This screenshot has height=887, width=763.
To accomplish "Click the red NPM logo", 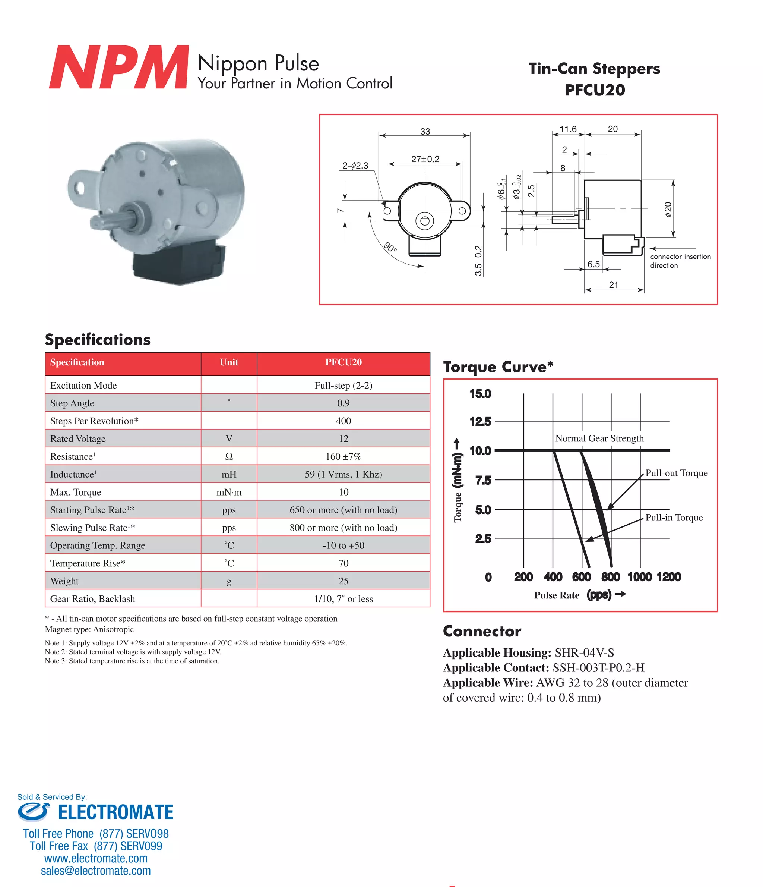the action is (x=118, y=67).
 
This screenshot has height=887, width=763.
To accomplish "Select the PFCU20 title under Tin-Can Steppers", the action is (x=595, y=90).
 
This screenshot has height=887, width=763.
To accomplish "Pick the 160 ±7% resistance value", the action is (x=343, y=457).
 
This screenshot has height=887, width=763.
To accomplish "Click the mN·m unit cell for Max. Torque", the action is (x=229, y=492).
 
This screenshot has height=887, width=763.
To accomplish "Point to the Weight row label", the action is (x=64, y=581).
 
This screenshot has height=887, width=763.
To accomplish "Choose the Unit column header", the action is (x=229, y=362).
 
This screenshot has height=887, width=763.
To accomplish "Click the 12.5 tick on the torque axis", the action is (x=480, y=422).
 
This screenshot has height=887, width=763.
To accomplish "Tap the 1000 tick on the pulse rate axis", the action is (x=639, y=577).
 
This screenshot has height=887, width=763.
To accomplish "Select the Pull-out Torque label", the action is (x=676, y=473).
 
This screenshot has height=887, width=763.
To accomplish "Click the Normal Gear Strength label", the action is (x=599, y=438).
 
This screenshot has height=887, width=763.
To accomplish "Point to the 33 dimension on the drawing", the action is (x=425, y=131).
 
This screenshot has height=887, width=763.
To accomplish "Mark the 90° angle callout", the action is (x=390, y=248).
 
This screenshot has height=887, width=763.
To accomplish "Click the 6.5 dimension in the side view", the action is (x=593, y=264).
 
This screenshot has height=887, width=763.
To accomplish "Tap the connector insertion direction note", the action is (x=680, y=261).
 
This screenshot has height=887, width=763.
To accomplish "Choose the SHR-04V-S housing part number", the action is (x=584, y=653).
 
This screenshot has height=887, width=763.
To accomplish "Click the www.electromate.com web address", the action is (x=96, y=858).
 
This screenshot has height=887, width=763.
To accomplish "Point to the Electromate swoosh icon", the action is (x=34, y=812).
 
